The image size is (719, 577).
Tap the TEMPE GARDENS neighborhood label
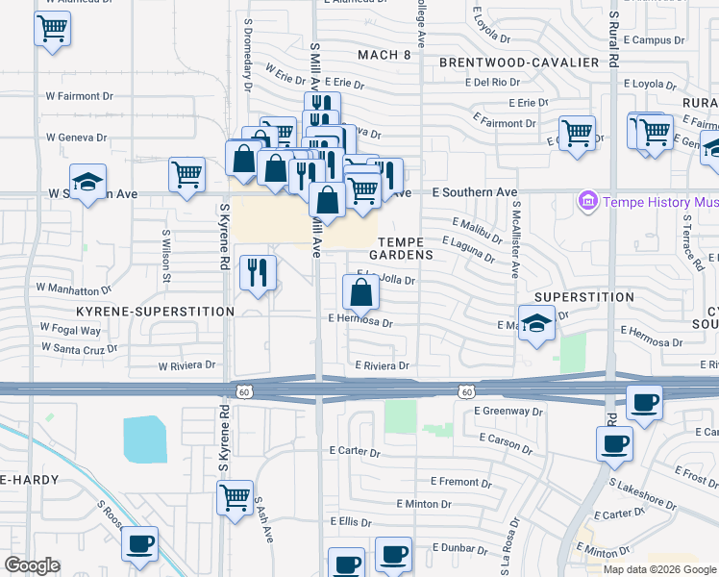405,248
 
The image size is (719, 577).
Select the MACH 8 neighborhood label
384,55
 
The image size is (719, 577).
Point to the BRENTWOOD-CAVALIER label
519,63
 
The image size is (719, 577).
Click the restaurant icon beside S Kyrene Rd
257,273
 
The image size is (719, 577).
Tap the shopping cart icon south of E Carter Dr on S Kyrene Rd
235,498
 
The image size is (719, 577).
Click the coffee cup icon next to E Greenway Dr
644,402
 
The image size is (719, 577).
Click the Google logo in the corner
32,565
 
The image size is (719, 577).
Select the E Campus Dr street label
653,40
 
